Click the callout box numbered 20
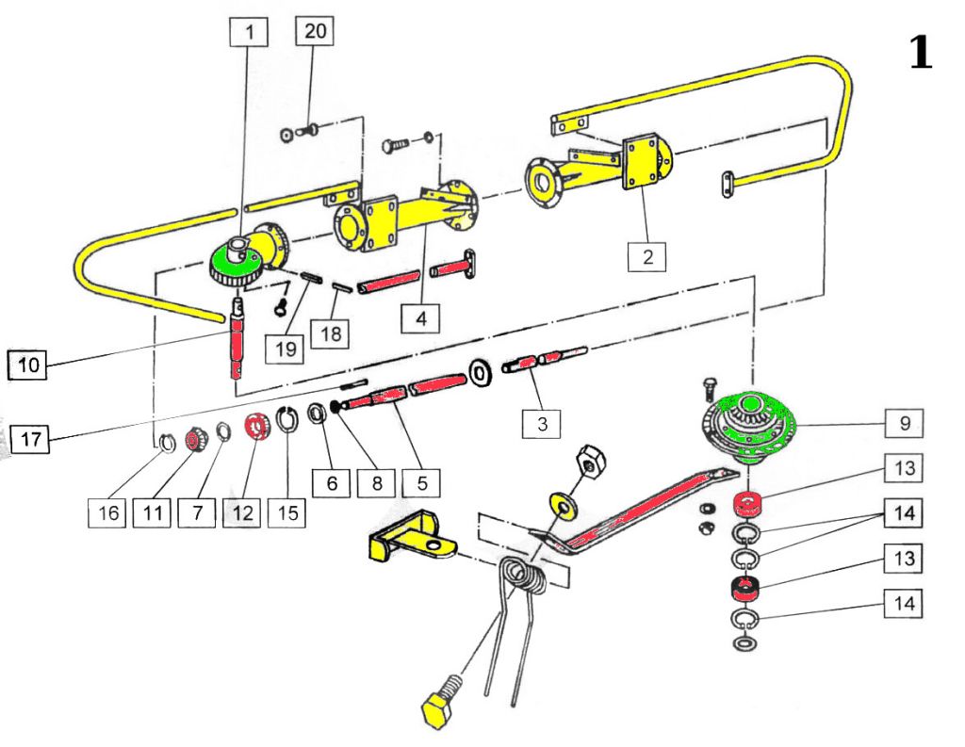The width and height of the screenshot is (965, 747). coord(316,31)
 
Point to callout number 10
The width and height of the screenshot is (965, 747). coord(28,365)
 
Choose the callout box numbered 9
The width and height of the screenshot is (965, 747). coord(904,423)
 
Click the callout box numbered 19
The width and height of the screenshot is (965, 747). coord(286,349)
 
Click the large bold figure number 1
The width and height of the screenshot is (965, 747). coord(920,52)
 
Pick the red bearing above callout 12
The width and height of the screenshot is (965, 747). coord(254,428)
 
